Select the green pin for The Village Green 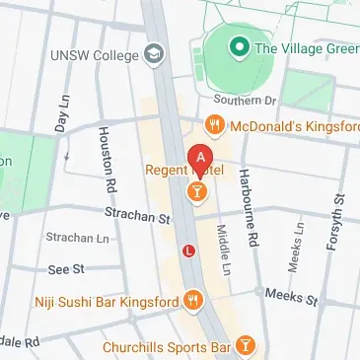pos(237,46)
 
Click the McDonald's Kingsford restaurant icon pos(213,125)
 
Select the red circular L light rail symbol pos(188,252)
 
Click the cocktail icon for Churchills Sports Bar pos(245,346)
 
